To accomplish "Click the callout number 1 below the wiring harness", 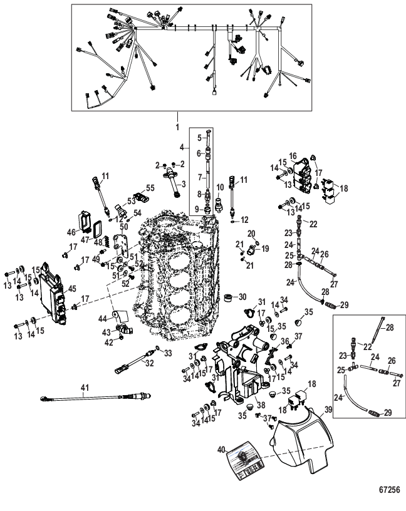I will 179,126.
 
